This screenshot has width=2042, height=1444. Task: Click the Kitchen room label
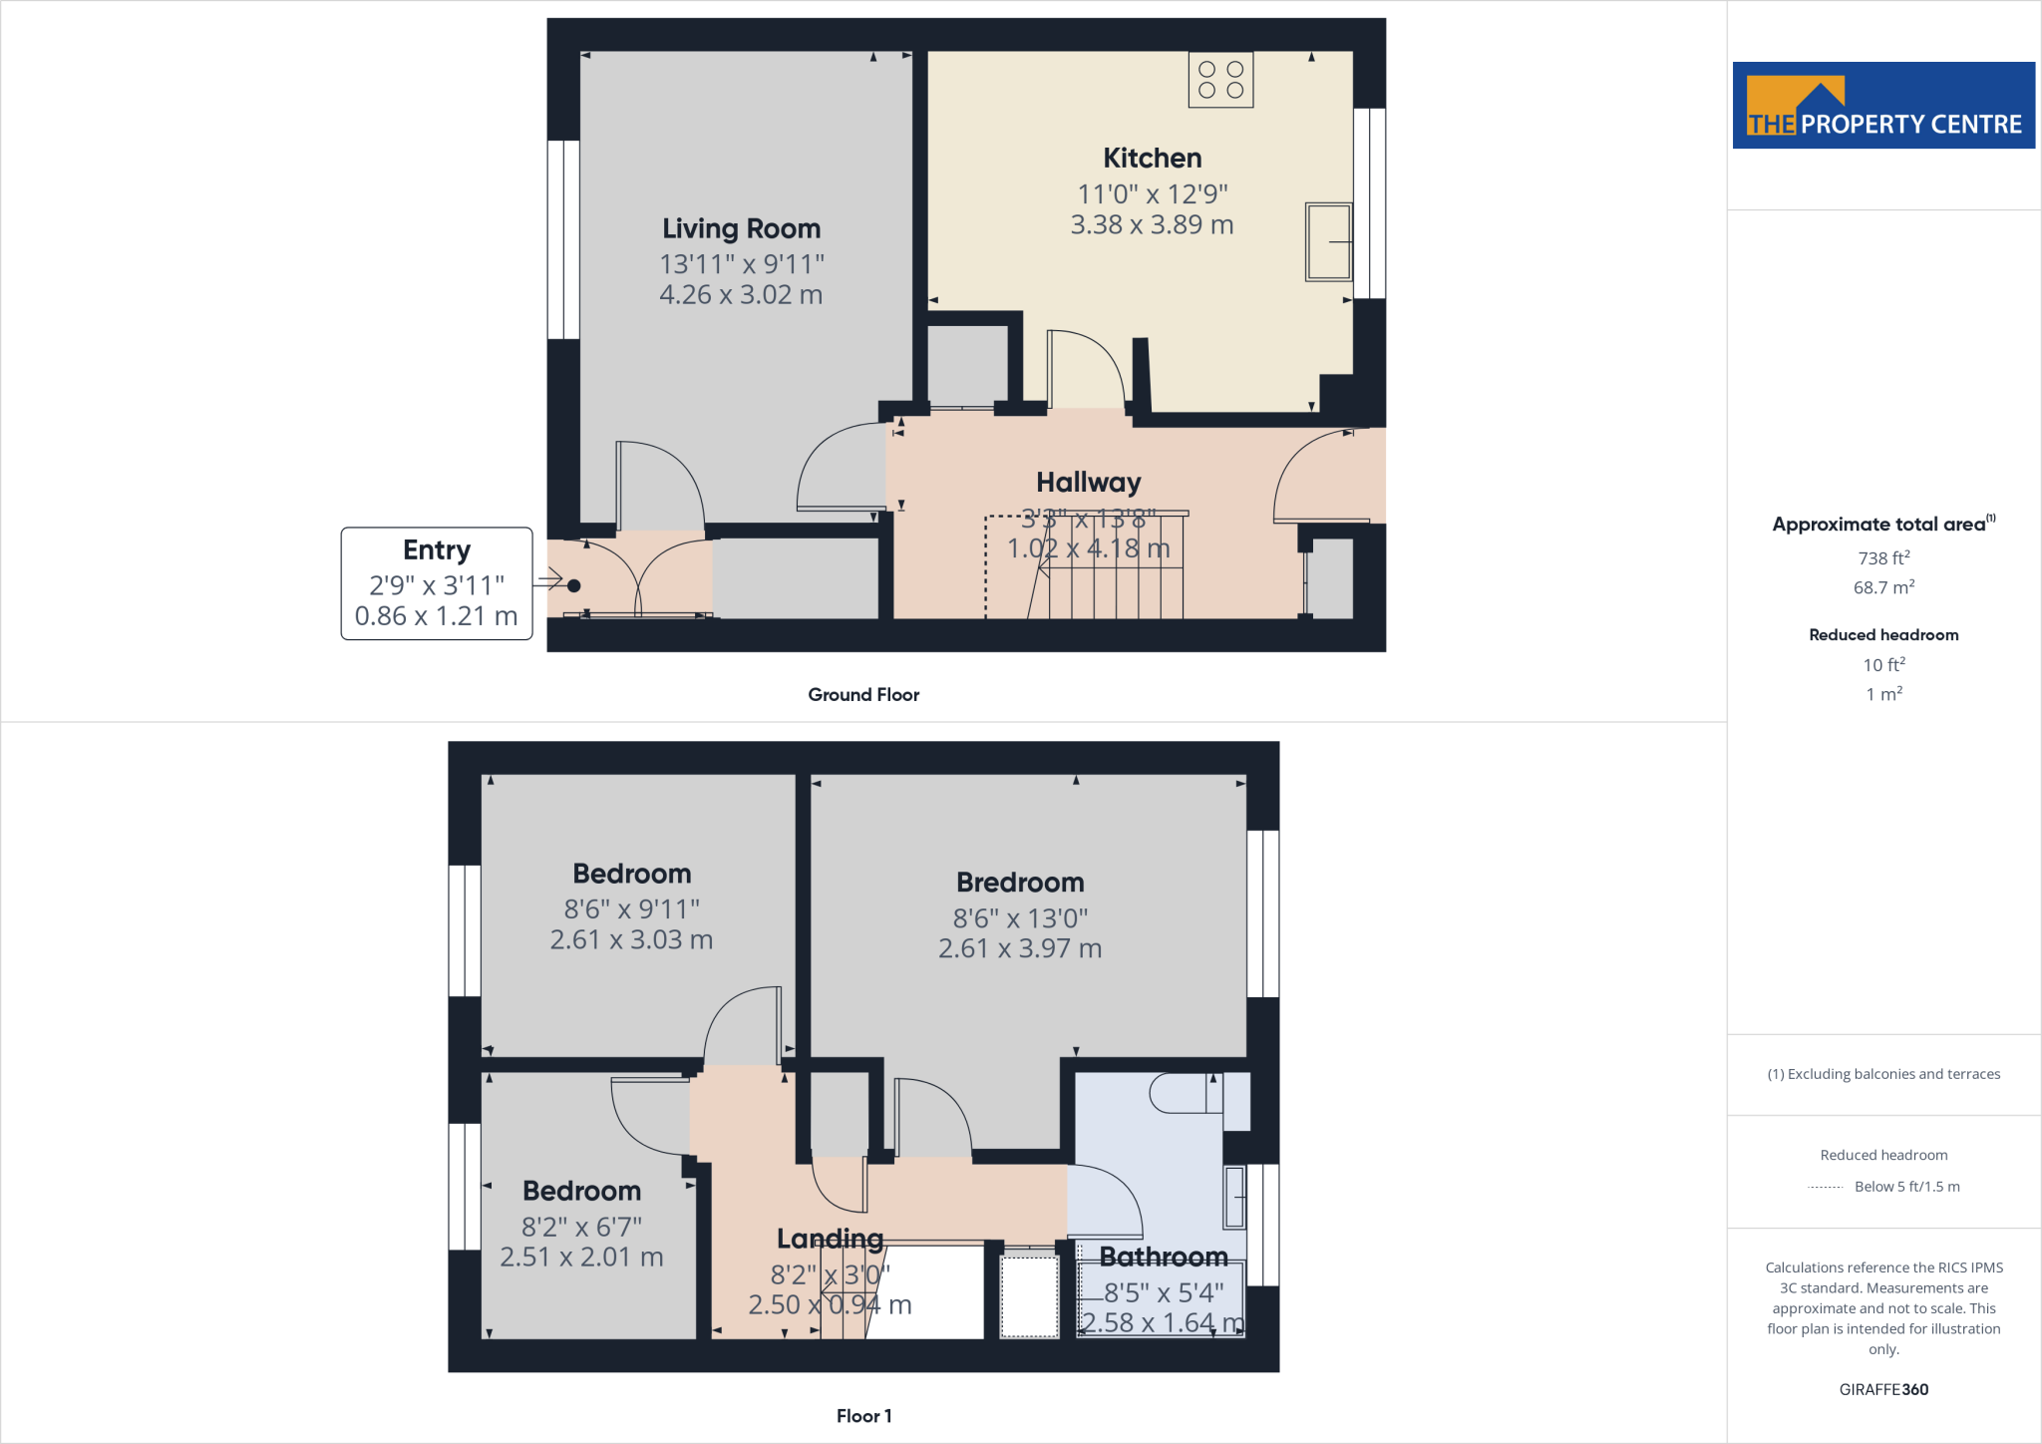point(1152,159)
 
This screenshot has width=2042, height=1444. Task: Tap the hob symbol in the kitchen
point(1220,80)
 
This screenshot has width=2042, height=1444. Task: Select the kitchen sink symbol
point(1328,242)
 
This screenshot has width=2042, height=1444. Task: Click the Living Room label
point(741,229)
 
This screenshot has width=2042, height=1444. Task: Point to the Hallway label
point(1088,483)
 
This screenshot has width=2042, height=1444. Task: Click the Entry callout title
point(437,550)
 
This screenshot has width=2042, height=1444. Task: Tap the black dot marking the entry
point(574,586)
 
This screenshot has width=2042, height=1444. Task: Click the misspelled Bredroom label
point(1020,883)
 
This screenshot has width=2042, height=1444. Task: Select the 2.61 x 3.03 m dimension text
point(631,940)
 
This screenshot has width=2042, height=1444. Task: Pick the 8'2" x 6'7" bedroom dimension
point(581,1227)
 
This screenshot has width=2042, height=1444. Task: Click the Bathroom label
point(1163,1257)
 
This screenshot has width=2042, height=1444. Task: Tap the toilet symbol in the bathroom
point(1185,1094)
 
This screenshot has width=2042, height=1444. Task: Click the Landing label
point(830,1239)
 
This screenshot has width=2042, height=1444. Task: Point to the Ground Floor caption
point(863,695)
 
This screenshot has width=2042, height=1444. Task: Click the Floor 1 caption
point(863,1416)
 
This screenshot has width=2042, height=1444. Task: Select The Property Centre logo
point(1883,106)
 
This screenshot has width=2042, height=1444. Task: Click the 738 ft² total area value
point(1883,558)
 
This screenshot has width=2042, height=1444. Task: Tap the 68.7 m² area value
point(1883,587)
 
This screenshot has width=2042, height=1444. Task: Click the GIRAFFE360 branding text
point(1883,1390)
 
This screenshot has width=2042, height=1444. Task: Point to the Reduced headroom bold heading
point(1883,635)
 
